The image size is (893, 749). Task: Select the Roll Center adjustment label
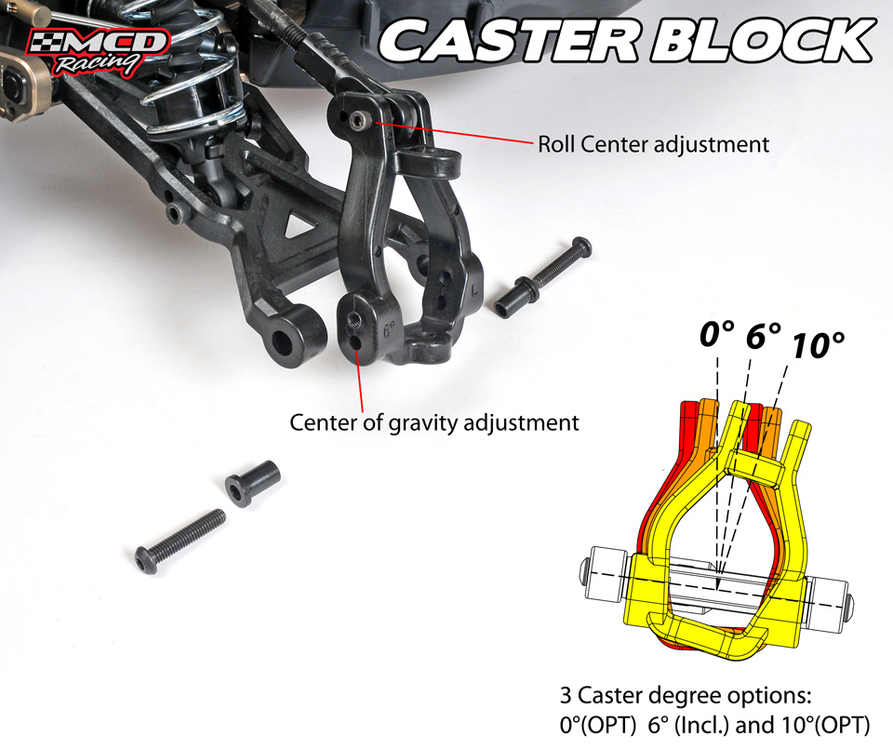click(653, 144)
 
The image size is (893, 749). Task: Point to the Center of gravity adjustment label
click(434, 422)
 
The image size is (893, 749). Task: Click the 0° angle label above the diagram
click(716, 334)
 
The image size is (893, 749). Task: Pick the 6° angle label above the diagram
click(763, 336)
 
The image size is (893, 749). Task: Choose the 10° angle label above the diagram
click(819, 344)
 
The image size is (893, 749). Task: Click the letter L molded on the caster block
click(474, 291)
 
